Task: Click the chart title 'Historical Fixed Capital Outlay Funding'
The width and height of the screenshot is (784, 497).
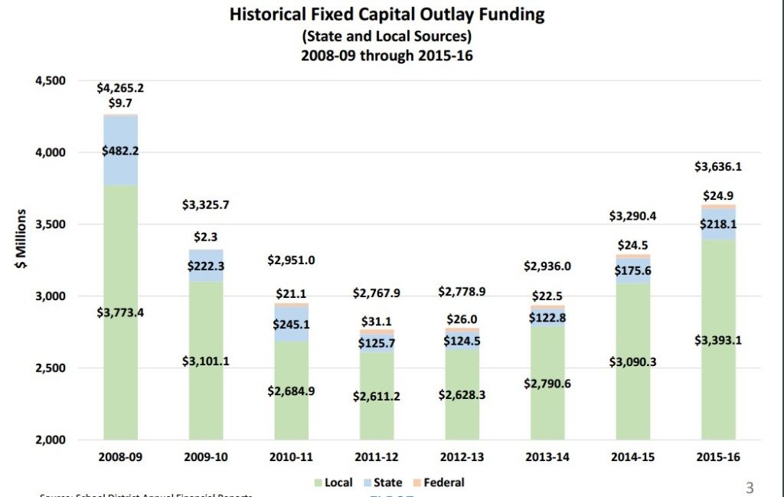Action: pyautogui.click(x=387, y=15)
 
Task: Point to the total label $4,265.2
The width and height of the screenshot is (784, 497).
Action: pyautogui.click(x=120, y=88)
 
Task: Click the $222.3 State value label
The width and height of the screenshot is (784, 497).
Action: pyautogui.click(x=206, y=266)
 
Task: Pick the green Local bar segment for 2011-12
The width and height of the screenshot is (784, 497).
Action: pyautogui.click(x=377, y=414)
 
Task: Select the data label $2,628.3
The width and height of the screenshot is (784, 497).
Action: pyautogui.click(x=462, y=394)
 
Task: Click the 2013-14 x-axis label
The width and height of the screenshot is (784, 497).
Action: pyautogui.click(x=548, y=457)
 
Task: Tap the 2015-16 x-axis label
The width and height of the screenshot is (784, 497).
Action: pyautogui.click(x=719, y=457)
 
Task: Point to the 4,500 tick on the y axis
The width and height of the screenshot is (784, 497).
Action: pyautogui.click(x=49, y=81)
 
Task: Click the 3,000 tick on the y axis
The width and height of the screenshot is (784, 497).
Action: pyautogui.click(x=49, y=296)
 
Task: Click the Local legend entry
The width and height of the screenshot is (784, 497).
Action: pyautogui.click(x=333, y=482)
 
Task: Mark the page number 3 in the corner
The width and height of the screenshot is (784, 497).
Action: pyautogui.click(x=750, y=487)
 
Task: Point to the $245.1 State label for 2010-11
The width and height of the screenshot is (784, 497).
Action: pyautogui.click(x=292, y=325)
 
